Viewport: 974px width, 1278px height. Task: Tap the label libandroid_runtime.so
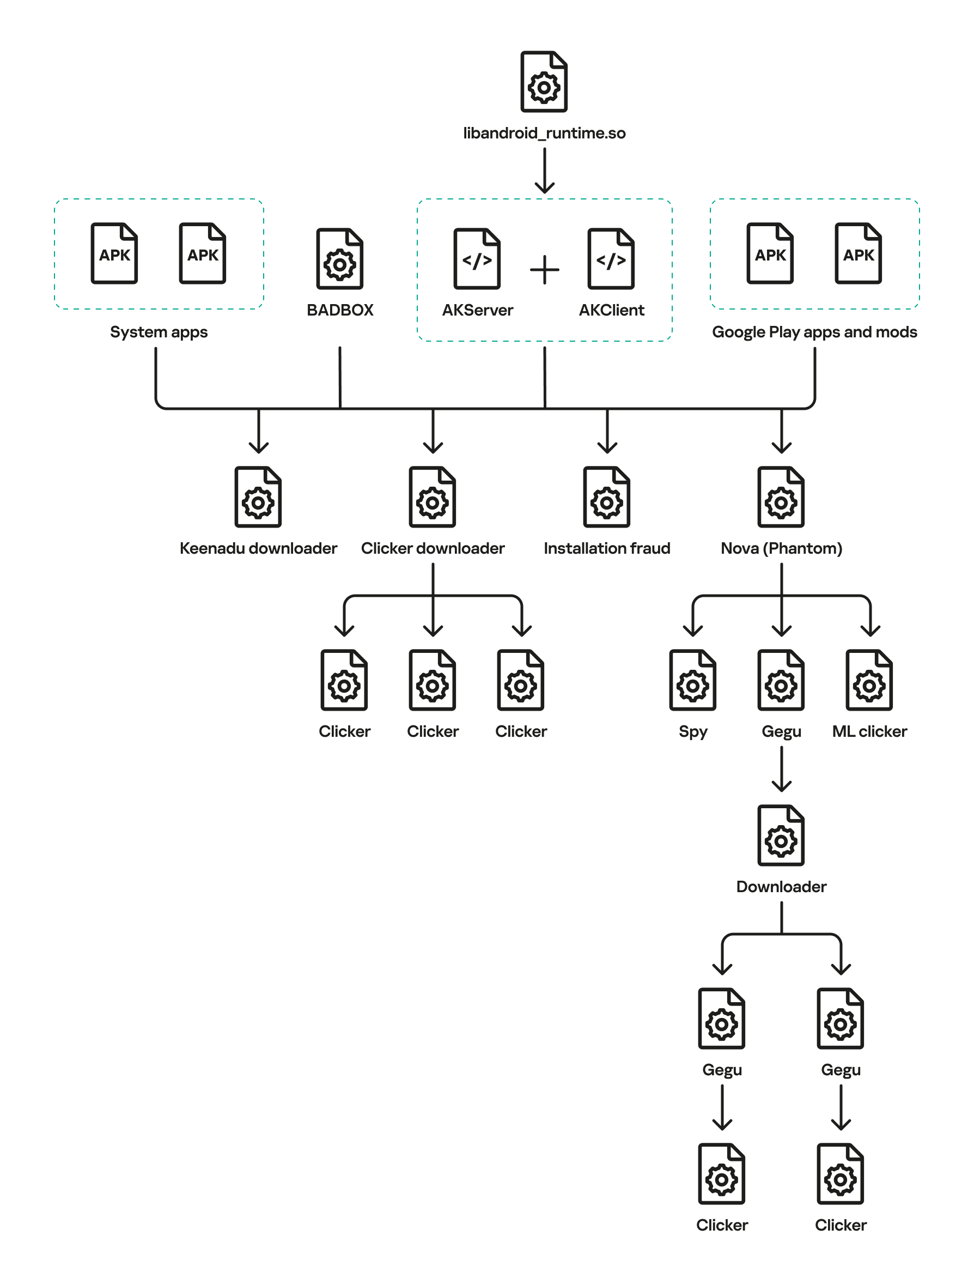coord(544,134)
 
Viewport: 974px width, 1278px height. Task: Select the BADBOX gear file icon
coord(339,259)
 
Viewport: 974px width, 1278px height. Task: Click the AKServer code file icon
coord(477,259)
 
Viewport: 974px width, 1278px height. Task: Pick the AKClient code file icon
coord(611,259)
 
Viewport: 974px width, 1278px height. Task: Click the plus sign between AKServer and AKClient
coord(544,270)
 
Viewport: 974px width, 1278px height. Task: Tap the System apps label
coord(159,332)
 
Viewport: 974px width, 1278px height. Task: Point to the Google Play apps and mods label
coord(814,332)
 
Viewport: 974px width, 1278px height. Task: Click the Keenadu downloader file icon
coord(258,497)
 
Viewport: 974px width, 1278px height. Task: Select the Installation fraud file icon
coord(606,497)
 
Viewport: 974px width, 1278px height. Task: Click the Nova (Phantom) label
coord(781,549)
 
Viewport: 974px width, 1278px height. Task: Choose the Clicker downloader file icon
coord(432,497)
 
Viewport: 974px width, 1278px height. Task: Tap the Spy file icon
coord(692,680)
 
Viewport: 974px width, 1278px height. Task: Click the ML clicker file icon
coord(868,680)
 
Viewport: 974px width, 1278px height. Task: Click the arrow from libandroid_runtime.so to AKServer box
coord(544,171)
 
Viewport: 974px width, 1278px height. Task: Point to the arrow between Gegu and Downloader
coord(781,769)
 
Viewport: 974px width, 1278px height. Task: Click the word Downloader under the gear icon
coord(781,887)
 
